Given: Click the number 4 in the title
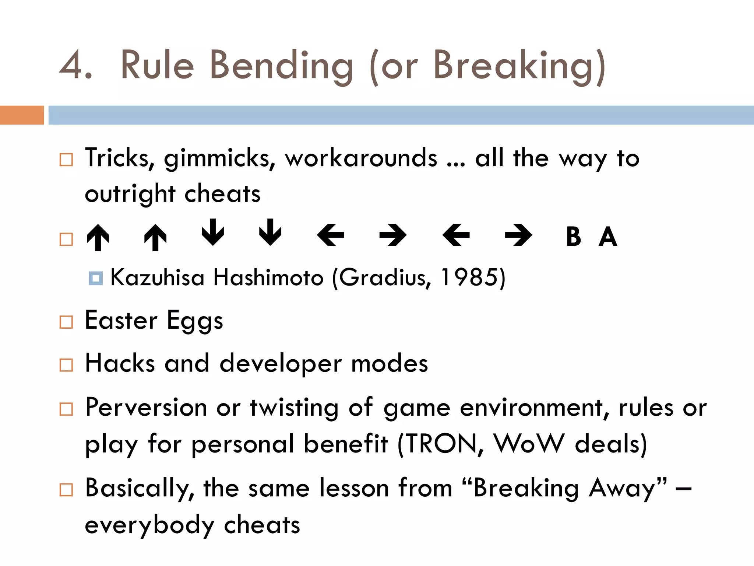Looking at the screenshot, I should pos(72,66).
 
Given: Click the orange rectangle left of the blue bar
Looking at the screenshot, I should pos(22,115).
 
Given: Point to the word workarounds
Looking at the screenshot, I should pos(361,158).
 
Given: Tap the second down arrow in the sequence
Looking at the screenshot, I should pos(270,232).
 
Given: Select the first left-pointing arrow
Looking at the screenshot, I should pos(331,235).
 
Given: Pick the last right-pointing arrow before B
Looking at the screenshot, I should pos(518,235).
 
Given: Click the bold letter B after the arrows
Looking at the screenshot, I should pos(573,237).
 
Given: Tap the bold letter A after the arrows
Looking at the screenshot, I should pos(608,237).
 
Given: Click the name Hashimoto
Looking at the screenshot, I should pos(268,277).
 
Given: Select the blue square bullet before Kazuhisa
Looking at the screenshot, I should pos(96,278).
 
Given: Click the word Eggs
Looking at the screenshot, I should pos(195,321).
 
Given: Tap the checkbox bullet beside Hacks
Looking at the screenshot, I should pos(66,365).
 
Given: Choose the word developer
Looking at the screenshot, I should pos(281,364).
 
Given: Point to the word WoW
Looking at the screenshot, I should pos(529,444).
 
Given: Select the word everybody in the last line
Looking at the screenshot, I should pos(149,525).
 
